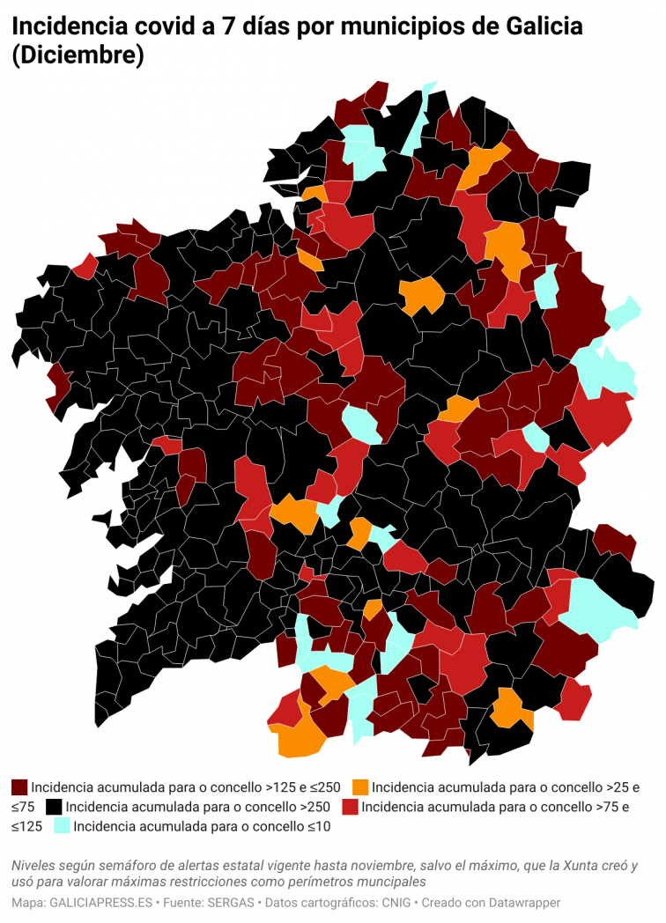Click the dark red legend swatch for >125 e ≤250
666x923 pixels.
tap(19, 786)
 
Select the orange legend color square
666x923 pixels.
tap(359, 786)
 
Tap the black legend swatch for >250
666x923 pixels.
tap(54, 806)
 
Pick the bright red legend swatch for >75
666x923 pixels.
tap(350, 806)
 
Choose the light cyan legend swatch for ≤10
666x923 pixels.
tap(62, 826)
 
